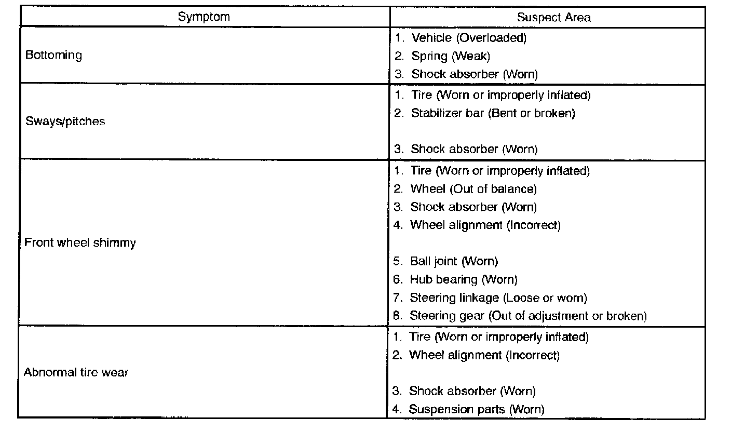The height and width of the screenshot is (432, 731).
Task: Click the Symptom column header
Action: [204, 16]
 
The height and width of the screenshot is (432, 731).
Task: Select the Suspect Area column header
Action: [553, 17]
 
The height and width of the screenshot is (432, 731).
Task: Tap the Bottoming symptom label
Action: [53, 55]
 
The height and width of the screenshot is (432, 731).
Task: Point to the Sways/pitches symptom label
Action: [65, 122]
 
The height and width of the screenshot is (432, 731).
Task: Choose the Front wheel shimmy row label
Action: [80, 242]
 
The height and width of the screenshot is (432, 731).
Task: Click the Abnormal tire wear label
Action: [76, 372]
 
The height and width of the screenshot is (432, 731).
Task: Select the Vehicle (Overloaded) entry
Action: [468, 38]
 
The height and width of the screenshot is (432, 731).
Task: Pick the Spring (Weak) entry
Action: [450, 56]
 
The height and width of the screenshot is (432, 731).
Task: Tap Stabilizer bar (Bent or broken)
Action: [493, 113]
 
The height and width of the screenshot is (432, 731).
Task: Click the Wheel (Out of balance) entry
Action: [473, 188]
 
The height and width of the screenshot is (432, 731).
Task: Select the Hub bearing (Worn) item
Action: [463, 279]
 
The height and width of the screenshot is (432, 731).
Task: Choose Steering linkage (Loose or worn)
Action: [498, 298]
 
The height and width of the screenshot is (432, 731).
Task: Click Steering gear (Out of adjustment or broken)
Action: [527, 316]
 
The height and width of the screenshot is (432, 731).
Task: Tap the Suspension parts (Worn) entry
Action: [476, 409]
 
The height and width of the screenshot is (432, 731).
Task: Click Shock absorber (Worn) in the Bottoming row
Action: [474, 74]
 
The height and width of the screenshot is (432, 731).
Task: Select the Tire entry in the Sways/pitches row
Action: [500, 95]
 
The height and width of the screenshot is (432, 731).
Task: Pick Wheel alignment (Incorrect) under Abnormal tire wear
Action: [484, 355]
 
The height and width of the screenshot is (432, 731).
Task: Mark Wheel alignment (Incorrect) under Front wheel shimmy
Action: [485, 225]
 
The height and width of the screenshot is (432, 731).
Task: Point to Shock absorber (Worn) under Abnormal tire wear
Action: [471, 391]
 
